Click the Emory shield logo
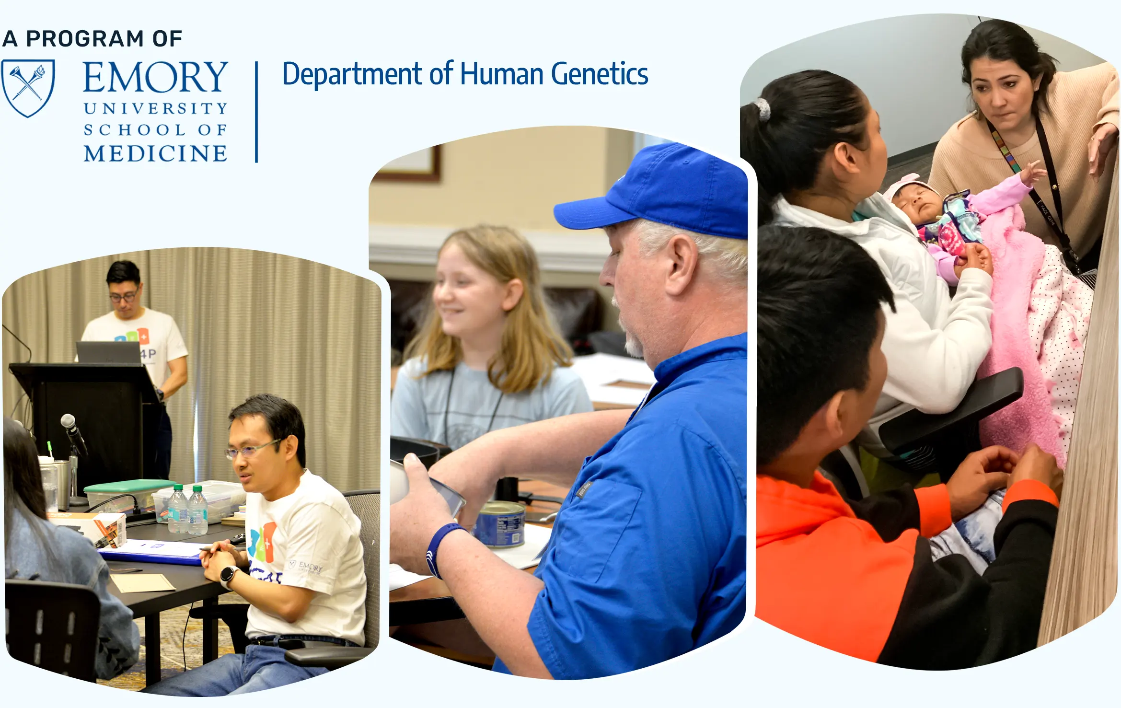(x=28, y=88)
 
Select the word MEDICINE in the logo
(x=155, y=153)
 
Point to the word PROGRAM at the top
(x=85, y=39)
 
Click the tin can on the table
(x=499, y=524)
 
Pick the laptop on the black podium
(x=108, y=352)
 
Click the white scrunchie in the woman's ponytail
(x=763, y=109)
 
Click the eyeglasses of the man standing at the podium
(x=124, y=297)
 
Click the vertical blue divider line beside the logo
(x=257, y=112)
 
